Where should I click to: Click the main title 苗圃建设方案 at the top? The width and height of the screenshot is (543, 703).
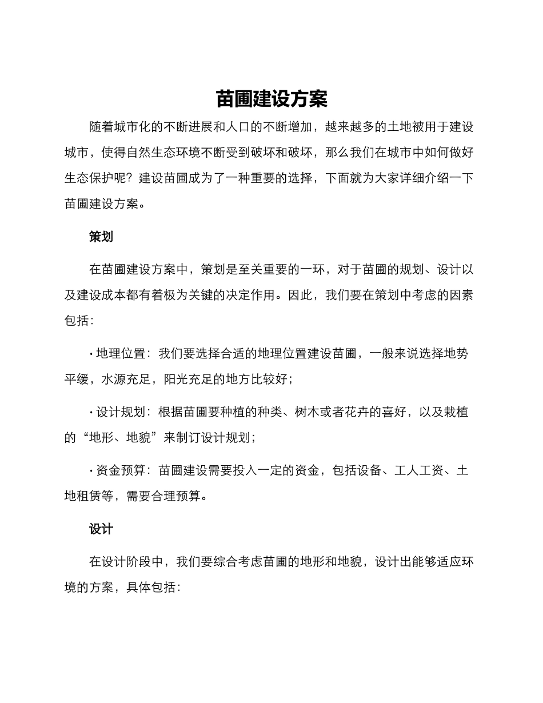271,99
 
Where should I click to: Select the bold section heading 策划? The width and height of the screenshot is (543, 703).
101,237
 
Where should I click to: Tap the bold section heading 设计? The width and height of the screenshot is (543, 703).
101,529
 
